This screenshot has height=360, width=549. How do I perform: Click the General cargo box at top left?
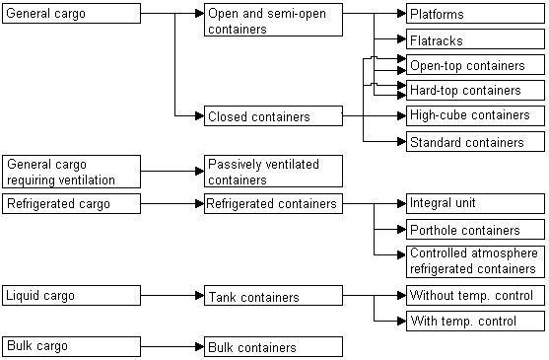[x=70, y=15]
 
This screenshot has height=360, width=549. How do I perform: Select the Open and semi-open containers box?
[x=273, y=21]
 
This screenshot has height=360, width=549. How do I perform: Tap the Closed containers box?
[x=273, y=116]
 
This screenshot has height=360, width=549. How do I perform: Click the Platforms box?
[x=474, y=15]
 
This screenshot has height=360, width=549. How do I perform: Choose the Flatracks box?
[x=474, y=40]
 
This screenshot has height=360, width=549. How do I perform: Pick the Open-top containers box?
[x=474, y=66]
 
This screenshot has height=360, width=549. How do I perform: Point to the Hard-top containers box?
[x=474, y=91]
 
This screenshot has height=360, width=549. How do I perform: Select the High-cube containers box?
[x=474, y=115]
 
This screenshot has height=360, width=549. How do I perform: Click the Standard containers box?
[x=474, y=142]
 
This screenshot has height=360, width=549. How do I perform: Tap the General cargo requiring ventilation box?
[x=70, y=172]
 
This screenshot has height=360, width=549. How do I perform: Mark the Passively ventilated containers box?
[x=273, y=172]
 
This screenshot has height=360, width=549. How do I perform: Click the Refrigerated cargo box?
[x=70, y=204]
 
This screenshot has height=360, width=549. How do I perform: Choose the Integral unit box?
[x=474, y=204]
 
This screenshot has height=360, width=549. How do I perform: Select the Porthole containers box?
[x=474, y=231]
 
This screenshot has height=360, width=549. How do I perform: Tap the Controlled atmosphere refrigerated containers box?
[x=474, y=261]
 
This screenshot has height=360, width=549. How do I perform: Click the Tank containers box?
[x=273, y=296]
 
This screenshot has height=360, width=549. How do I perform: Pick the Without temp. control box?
[x=474, y=296]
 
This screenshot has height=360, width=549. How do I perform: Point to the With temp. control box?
[x=474, y=322]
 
